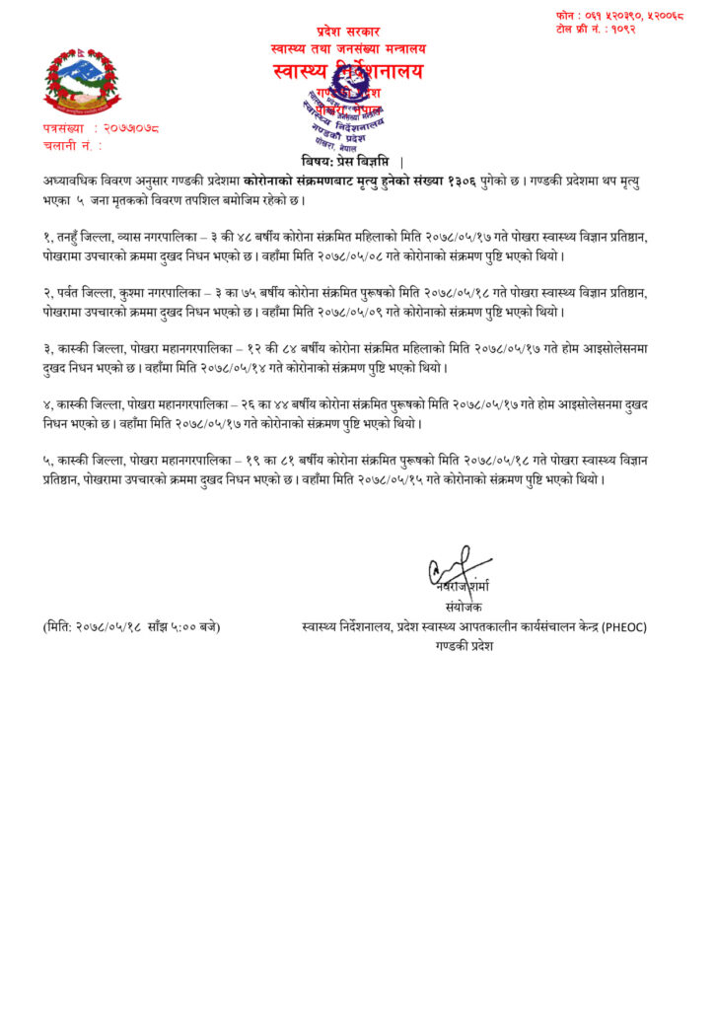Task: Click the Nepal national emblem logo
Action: pyautogui.click(x=79, y=83)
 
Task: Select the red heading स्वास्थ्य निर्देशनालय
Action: pyautogui.click(x=348, y=71)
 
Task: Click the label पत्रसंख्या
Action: pyautogui.click(x=68, y=128)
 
